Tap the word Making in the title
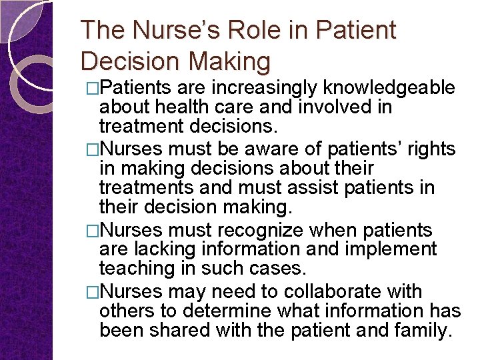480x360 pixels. coord(229,61)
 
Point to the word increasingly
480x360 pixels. coord(265,87)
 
